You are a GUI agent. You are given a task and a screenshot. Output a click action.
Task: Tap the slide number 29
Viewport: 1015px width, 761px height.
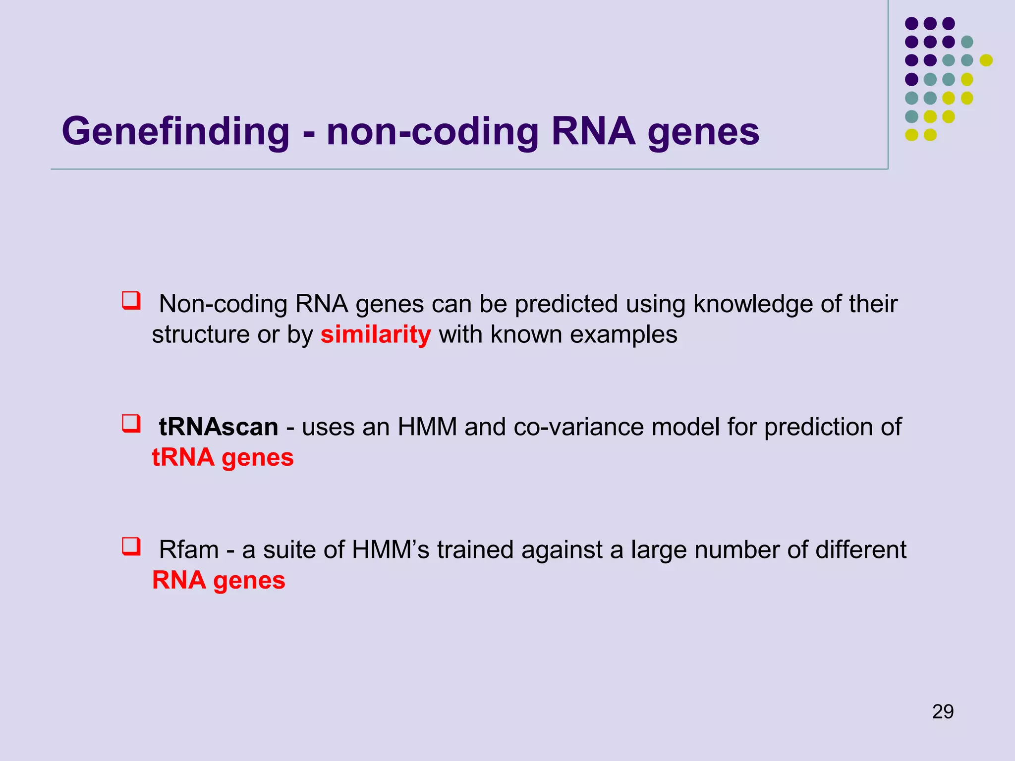942,711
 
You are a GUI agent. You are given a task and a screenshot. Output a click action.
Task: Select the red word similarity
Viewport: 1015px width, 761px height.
375,335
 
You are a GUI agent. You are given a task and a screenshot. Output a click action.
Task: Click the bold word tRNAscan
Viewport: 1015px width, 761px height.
218,427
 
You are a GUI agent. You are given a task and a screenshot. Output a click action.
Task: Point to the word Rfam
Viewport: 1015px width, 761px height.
188,550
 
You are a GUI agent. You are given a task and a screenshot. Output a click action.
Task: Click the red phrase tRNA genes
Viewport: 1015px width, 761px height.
223,458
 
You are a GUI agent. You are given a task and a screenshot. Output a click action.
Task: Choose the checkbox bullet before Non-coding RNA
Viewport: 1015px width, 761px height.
131,301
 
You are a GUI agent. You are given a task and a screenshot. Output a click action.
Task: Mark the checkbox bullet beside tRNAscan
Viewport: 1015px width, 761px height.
131,424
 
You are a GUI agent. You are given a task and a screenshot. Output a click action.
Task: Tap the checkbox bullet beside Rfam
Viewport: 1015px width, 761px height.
131,546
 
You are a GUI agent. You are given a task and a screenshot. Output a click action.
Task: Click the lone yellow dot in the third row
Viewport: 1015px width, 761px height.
986,60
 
